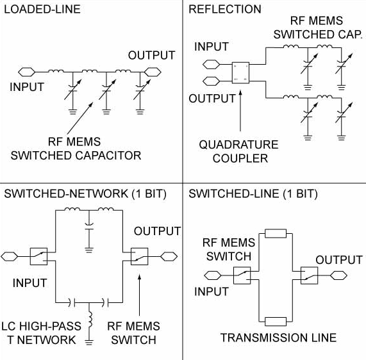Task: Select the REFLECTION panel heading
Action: [x=225, y=10]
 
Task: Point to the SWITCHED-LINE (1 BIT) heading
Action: [x=253, y=193]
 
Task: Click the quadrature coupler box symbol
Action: [x=241, y=71]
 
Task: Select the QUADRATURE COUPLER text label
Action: [x=239, y=151]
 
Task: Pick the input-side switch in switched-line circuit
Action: [x=241, y=276]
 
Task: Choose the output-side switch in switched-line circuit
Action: [x=309, y=276]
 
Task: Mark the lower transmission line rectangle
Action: [x=275, y=320]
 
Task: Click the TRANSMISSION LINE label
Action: [x=278, y=338]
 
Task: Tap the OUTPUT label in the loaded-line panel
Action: [x=151, y=55]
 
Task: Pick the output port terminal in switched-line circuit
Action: [x=338, y=276]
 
